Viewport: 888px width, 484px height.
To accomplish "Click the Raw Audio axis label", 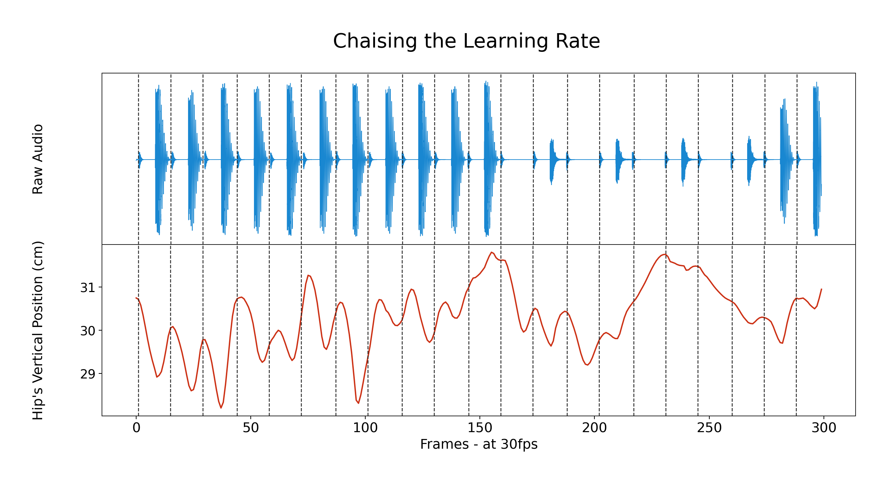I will pyautogui.click(x=38, y=159).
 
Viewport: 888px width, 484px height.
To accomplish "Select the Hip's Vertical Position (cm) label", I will pyautogui.click(x=38, y=330).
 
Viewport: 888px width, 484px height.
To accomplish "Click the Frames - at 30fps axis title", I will pyautogui.click(x=478, y=444).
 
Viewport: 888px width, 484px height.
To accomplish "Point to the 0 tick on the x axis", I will pyautogui.click(x=136, y=428).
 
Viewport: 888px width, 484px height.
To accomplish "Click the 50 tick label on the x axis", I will pyautogui.click(x=251, y=428).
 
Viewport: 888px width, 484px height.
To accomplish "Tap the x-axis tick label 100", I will pyautogui.click(x=365, y=428).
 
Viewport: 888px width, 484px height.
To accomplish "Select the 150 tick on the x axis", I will pyautogui.click(x=480, y=428).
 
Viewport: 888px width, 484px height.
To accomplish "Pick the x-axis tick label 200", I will pyautogui.click(x=594, y=428).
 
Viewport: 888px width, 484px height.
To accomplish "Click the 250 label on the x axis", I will pyautogui.click(x=709, y=428).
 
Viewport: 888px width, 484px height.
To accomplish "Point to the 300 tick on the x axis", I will pyautogui.click(x=824, y=428).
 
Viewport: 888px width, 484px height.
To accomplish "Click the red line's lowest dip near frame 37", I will pyautogui.click(x=221, y=408).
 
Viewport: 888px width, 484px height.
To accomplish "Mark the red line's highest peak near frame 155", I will pyautogui.click(x=491, y=252).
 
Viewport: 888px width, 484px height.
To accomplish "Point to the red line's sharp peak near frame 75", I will pyautogui.click(x=308, y=275).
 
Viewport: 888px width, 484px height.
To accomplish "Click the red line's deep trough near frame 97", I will pyautogui.click(x=358, y=403).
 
